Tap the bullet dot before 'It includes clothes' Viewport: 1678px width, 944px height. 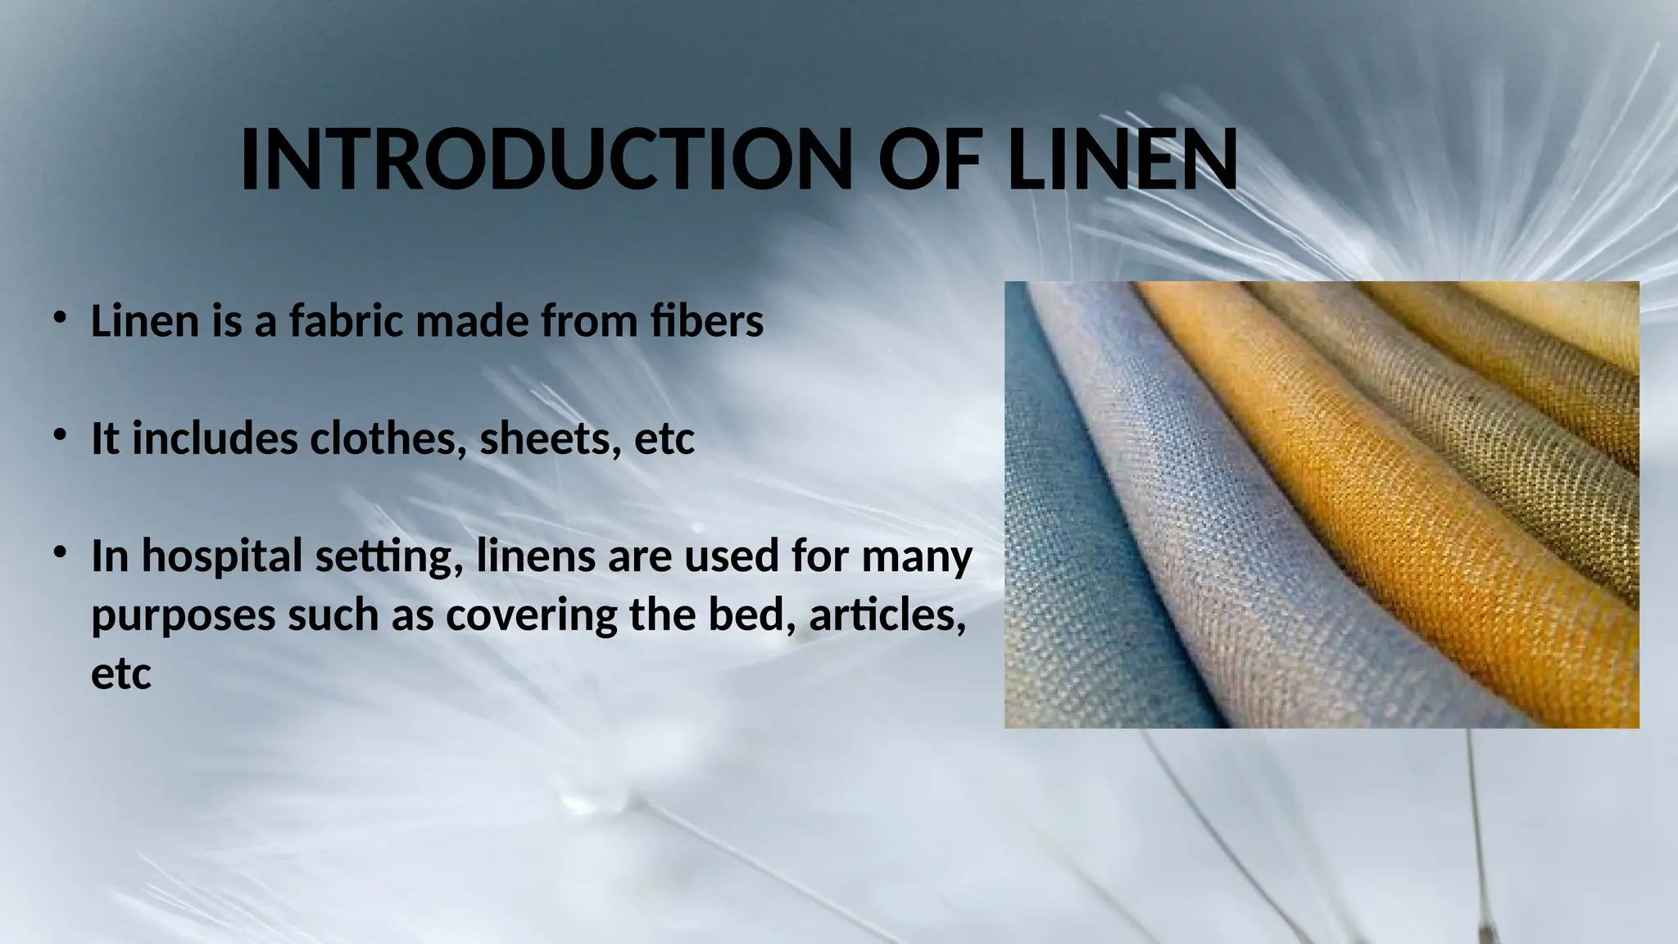coord(59,435)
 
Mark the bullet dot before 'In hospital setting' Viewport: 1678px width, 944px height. coord(59,553)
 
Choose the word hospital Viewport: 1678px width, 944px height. coord(222,557)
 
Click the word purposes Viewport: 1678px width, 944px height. coord(183,617)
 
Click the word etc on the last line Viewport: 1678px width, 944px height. coord(121,674)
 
